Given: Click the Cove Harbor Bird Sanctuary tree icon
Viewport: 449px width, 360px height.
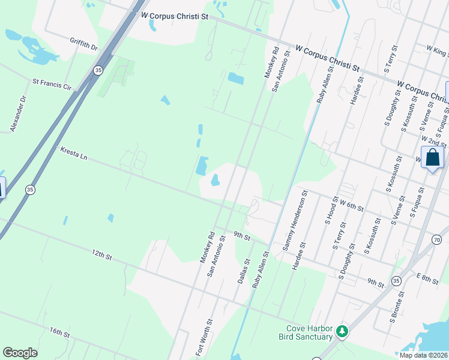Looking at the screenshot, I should pos(342,331).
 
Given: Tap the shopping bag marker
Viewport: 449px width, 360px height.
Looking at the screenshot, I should pos(432,158).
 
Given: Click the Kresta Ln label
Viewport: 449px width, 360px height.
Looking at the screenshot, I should pos(74,154).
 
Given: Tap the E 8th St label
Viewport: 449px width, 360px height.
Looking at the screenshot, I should pos(426,280).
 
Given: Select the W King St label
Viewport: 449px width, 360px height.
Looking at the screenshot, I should pos(436,49).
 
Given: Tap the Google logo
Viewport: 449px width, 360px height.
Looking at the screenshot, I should pos(20,353).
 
